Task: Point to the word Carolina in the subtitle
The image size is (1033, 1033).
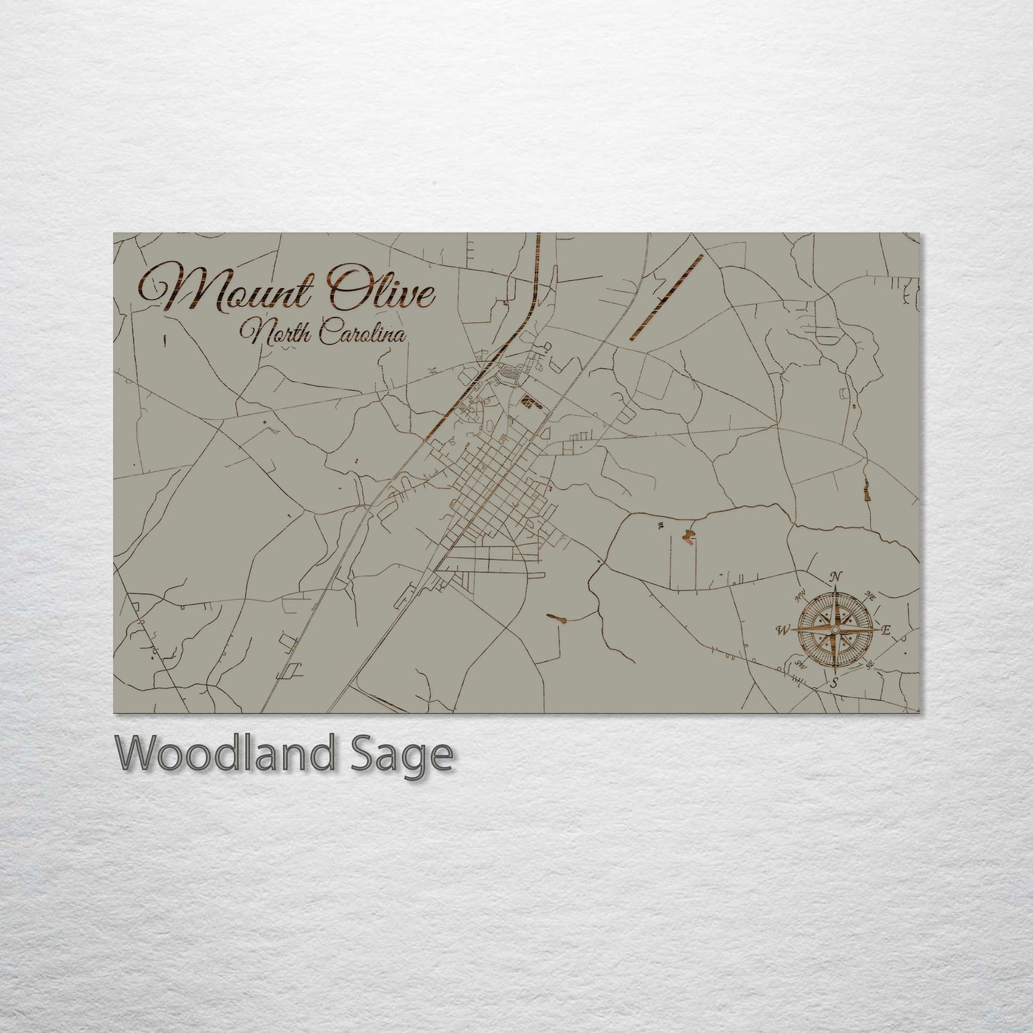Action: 361,333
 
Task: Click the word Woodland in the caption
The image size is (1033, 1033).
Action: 224,753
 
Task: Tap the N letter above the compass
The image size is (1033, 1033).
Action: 837,577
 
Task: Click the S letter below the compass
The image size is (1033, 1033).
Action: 833,683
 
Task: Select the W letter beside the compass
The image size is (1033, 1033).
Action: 781,631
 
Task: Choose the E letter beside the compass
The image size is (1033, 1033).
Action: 886,630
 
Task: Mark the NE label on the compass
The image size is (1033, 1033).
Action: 871,595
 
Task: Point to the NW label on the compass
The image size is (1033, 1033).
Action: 800,592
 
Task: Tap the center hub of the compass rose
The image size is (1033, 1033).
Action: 834,630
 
